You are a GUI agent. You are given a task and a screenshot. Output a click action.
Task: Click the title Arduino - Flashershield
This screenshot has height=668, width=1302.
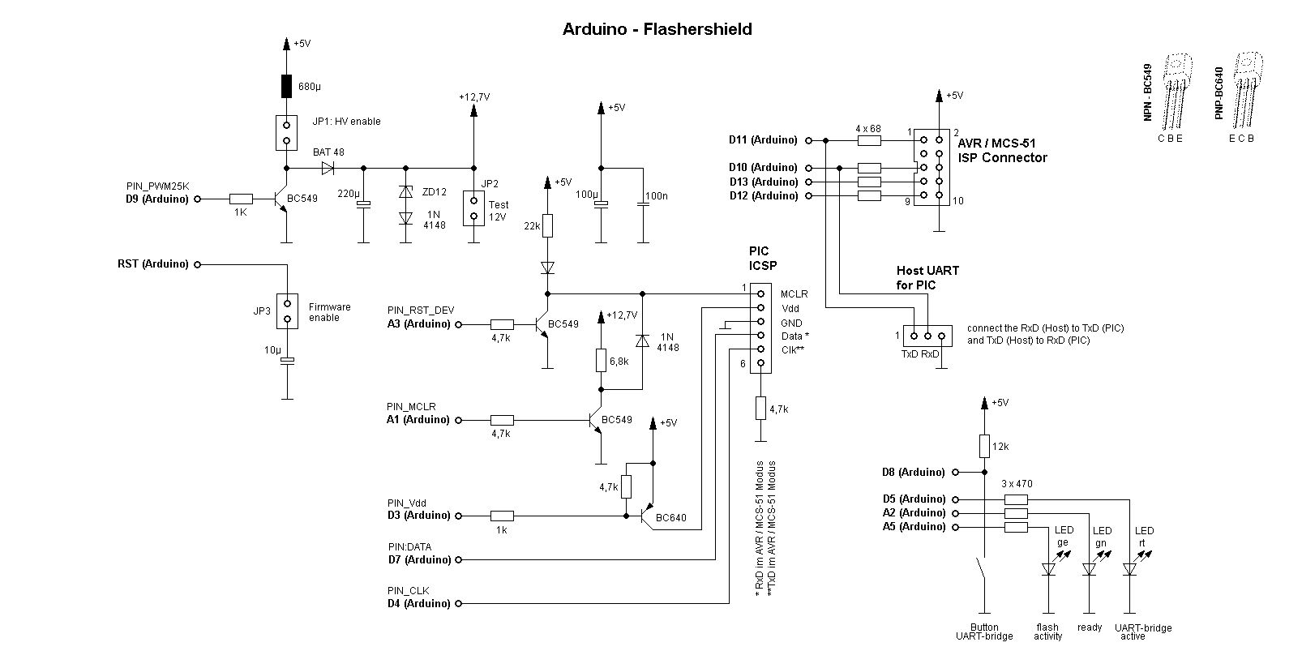click(x=657, y=30)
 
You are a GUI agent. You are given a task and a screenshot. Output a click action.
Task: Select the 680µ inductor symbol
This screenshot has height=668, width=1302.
click(x=286, y=86)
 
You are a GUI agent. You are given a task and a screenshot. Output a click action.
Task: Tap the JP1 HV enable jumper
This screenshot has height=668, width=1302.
click(x=286, y=133)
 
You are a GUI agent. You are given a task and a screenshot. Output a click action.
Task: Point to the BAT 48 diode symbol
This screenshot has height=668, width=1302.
click(x=328, y=169)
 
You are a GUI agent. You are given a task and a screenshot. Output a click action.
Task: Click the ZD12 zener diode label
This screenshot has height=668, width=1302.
click(x=435, y=191)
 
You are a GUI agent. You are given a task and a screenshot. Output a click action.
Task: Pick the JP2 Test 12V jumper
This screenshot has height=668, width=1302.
click(x=473, y=208)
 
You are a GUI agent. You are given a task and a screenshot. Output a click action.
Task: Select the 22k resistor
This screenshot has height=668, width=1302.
click(x=547, y=225)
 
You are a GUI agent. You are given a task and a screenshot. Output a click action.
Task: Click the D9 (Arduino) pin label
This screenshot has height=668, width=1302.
click(x=156, y=199)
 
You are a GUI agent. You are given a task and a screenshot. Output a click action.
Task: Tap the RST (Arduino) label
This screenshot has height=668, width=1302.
click(x=152, y=264)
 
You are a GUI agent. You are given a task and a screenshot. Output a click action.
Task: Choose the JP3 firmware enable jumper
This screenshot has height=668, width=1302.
click(x=286, y=310)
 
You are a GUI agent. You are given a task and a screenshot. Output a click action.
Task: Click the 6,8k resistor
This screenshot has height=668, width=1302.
click(x=601, y=360)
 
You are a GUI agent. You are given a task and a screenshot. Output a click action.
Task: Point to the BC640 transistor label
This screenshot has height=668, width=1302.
click(x=670, y=518)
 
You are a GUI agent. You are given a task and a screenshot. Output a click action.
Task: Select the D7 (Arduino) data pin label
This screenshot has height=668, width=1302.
click(x=419, y=559)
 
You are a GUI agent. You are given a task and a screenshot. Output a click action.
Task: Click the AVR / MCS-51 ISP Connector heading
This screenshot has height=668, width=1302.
click(x=1002, y=151)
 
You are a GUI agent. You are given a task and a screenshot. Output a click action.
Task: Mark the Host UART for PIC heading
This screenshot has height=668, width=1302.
click(x=927, y=278)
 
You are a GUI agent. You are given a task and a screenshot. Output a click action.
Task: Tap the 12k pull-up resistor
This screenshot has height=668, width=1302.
click(x=984, y=446)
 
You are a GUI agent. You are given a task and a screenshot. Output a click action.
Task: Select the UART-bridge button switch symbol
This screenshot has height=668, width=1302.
click(x=982, y=572)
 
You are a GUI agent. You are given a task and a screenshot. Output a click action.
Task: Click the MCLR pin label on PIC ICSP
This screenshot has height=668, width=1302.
click(x=794, y=294)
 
